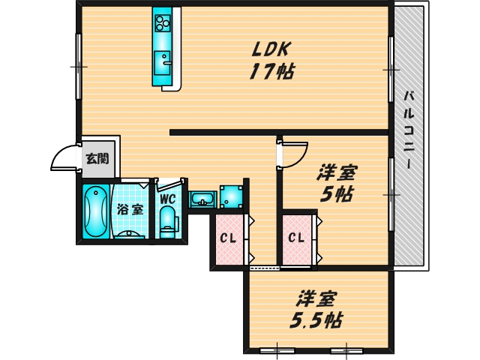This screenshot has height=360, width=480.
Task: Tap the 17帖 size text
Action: (x=271, y=72)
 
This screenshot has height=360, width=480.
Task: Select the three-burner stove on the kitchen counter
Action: (x=163, y=23)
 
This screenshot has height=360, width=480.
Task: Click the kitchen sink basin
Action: (x=162, y=60)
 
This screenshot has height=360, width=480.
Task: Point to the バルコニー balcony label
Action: (x=409, y=128)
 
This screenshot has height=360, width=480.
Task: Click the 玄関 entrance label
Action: (x=96, y=158)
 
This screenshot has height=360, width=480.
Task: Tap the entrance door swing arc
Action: (x=61, y=158)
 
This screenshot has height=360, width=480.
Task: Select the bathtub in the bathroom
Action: (x=94, y=211)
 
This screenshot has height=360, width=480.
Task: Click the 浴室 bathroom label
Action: (x=130, y=209)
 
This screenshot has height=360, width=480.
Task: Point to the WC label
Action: (x=166, y=199)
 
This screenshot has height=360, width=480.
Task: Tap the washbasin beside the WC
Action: (x=202, y=199)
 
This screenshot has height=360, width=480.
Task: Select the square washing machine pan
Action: (x=232, y=196)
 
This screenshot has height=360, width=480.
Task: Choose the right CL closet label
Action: (x=296, y=239)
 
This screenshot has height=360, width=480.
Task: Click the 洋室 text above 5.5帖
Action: (x=315, y=298)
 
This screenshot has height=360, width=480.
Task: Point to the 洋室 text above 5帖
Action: (x=335, y=172)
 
